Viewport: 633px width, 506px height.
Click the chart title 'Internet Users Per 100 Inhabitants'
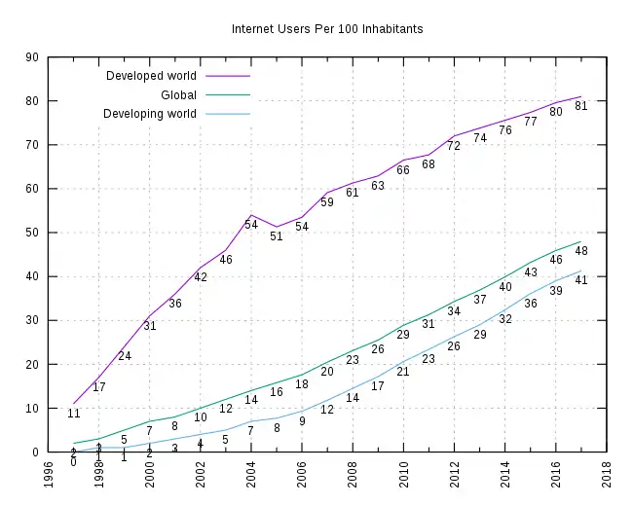(327, 29)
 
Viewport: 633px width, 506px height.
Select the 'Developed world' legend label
(151, 76)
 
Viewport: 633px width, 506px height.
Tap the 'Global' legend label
(178, 95)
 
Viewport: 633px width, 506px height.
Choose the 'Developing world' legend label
(149, 114)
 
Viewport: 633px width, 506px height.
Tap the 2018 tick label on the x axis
(606, 475)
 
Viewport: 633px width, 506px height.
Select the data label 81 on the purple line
(581, 106)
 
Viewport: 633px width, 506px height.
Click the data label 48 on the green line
(581, 251)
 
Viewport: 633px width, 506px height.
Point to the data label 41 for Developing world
(581, 280)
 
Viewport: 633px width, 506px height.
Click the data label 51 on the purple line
(277, 235)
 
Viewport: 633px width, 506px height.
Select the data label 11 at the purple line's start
(74, 414)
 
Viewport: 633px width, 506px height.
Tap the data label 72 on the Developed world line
(454, 146)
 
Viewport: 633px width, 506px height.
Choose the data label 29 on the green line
(403, 335)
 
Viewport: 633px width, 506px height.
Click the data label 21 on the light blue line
(403, 372)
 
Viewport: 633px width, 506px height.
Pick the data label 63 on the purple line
(378, 186)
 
